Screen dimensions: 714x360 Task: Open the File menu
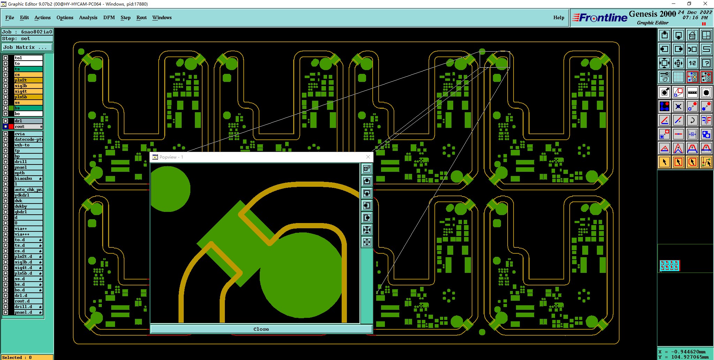pos(10,17)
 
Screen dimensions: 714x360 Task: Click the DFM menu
pos(109,17)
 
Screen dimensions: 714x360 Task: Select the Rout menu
pos(142,17)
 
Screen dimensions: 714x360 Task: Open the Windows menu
pos(162,17)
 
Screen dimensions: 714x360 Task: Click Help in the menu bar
pos(559,17)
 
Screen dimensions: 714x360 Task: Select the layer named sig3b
pos(28,86)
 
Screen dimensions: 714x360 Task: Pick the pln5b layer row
pos(28,97)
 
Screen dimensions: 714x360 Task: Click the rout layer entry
pos(28,127)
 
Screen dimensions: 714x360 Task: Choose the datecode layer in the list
pos(28,139)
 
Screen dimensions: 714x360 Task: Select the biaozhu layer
pos(28,178)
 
